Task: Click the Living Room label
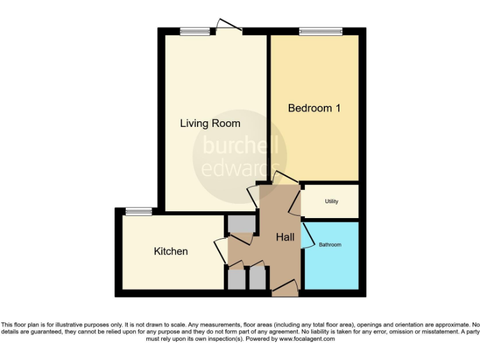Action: pos(210,123)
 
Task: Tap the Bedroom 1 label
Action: pos(314,108)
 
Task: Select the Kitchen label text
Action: pos(171,251)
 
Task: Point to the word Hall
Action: pos(286,237)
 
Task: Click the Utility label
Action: pos(331,201)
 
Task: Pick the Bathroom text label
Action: pos(330,244)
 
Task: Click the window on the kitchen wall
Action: pos(138,211)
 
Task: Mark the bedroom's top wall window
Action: pos(321,31)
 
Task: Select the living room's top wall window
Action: pos(195,31)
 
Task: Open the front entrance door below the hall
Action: pos(285,288)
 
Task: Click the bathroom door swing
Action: pos(307,235)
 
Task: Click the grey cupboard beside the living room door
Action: pos(241,222)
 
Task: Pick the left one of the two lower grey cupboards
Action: pos(237,279)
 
